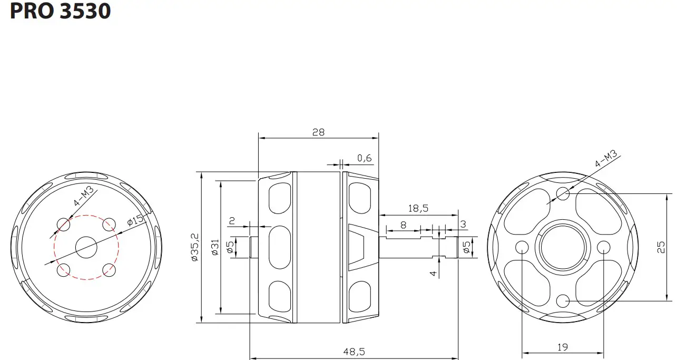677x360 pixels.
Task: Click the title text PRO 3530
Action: click(x=60, y=12)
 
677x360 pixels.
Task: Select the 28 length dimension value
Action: click(x=318, y=132)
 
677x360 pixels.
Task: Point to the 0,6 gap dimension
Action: click(x=364, y=158)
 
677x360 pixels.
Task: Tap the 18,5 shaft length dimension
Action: click(x=417, y=209)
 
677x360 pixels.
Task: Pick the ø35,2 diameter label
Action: click(x=194, y=247)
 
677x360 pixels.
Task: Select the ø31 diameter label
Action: click(x=214, y=247)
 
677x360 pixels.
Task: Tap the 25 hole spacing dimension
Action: click(x=662, y=247)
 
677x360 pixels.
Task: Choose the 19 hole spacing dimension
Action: click(x=562, y=347)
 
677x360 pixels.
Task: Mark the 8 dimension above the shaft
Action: click(x=403, y=225)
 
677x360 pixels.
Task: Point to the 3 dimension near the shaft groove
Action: click(x=463, y=225)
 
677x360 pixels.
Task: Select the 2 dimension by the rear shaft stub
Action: click(x=231, y=220)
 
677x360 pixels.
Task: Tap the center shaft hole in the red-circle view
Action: click(x=86, y=247)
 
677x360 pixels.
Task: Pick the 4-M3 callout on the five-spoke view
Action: click(x=605, y=159)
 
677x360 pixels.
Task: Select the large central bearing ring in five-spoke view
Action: click(x=562, y=247)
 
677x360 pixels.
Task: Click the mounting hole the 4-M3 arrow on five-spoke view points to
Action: click(x=563, y=193)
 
